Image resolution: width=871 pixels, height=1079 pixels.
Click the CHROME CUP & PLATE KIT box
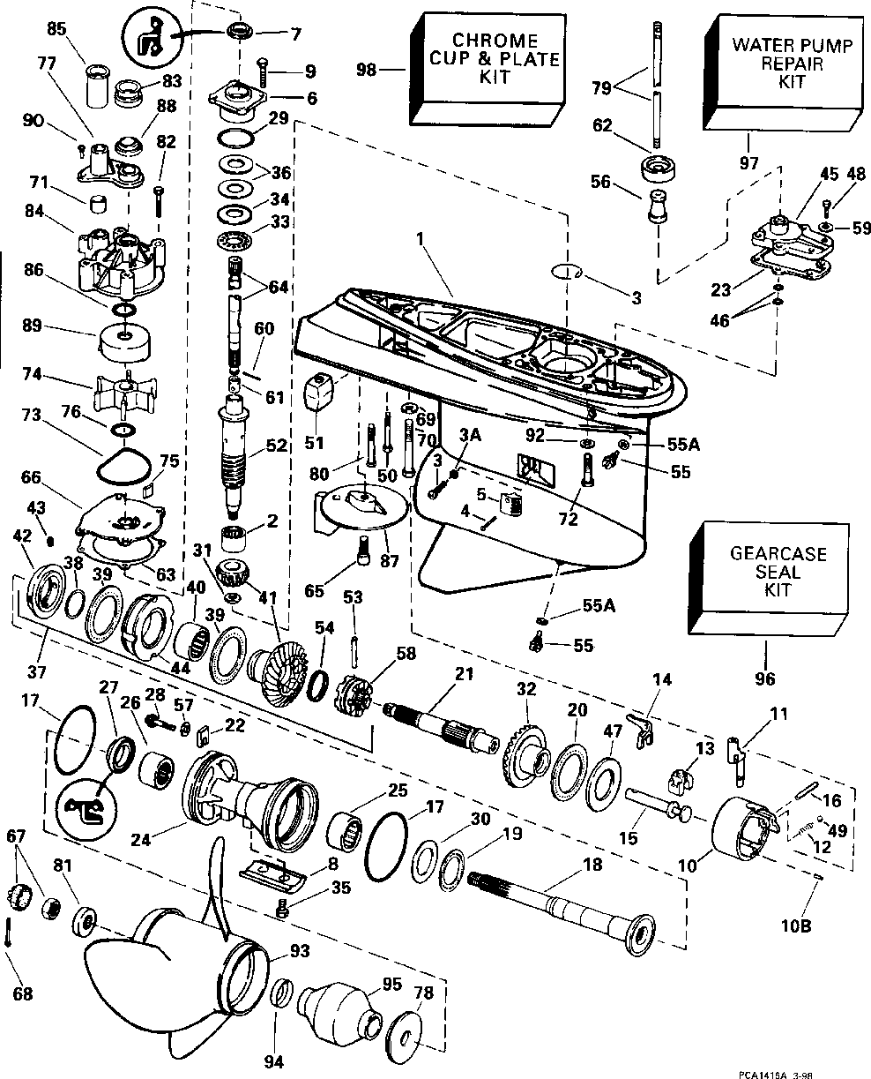tap(487, 69)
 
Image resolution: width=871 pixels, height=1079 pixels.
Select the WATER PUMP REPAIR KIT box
tap(783, 71)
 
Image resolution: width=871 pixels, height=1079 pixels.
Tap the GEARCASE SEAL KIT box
tap(768, 579)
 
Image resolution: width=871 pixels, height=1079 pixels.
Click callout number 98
tap(366, 70)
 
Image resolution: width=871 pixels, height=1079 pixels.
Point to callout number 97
tap(748, 163)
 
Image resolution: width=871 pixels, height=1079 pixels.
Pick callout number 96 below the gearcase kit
tap(764, 678)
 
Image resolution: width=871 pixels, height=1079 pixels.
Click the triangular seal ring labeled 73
tap(123, 465)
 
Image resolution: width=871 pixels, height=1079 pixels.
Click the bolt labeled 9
tap(264, 73)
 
